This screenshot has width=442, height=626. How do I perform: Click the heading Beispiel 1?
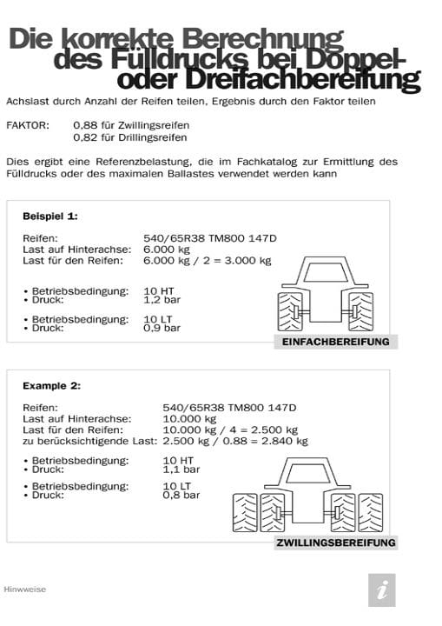pos(50,215)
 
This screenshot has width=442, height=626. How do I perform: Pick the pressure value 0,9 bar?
pos(162,328)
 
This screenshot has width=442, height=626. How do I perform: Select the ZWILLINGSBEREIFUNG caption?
pos(335,543)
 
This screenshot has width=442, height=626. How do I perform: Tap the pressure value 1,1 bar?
pos(181,468)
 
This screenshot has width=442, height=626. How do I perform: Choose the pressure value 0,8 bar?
pos(181,495)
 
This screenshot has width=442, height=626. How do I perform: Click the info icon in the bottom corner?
pos(381,589)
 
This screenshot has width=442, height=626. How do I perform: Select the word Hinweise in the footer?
pos(25,589)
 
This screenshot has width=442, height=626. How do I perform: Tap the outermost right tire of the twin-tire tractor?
pos(371,511)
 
